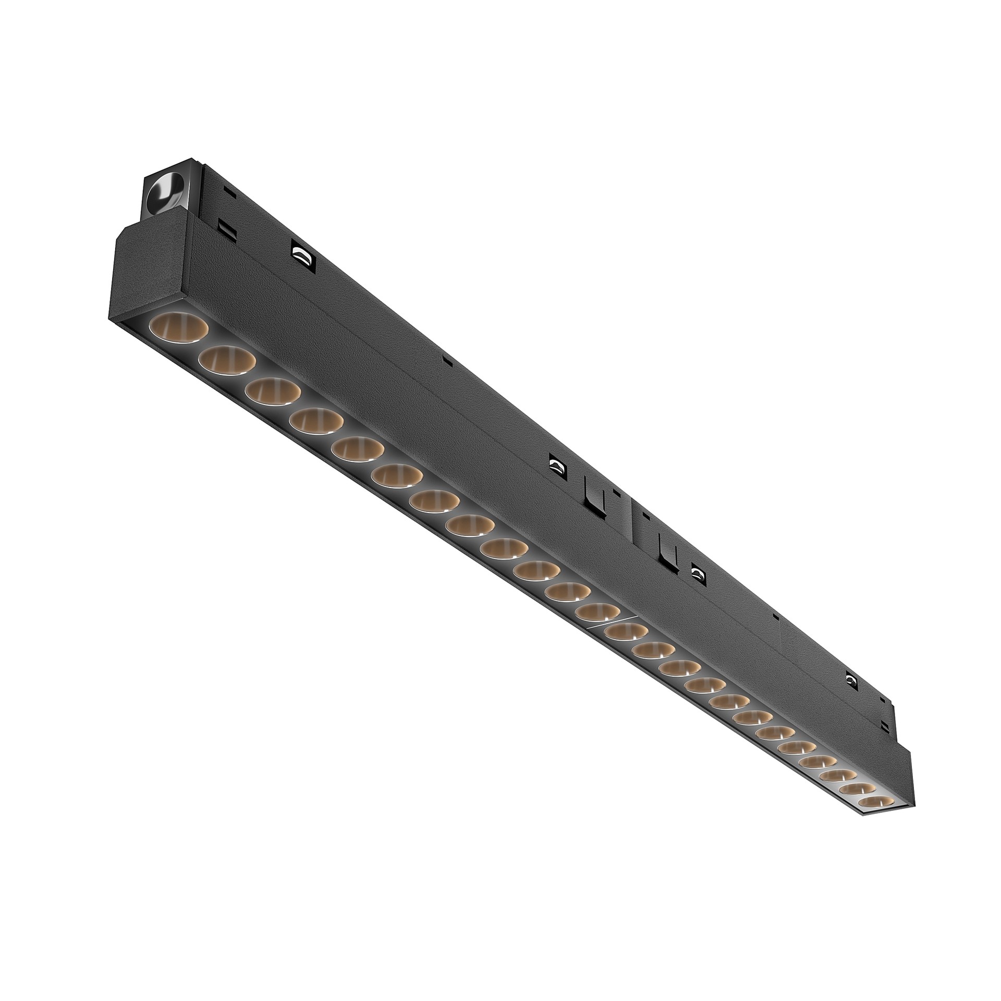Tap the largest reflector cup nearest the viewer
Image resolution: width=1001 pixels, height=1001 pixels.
(x=178, y=327)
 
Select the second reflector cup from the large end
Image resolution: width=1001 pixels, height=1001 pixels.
(x=226, y=359)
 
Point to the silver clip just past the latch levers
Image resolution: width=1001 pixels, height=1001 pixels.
(x=697, y=573)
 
